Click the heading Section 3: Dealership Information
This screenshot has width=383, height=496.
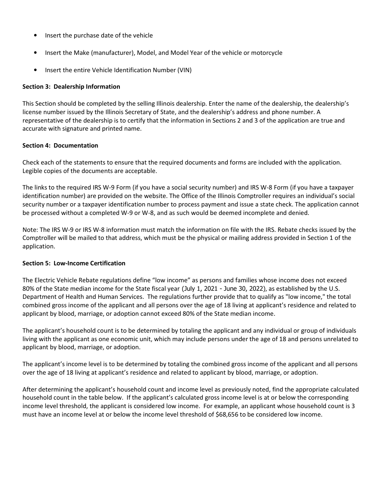(71, 87)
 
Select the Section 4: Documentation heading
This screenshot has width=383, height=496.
(60, 146)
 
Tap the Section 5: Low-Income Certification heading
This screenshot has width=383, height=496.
(74, 263)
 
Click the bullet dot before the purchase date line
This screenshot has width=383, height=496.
(36, 35)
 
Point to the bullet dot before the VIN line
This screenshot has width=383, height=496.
(36, 70)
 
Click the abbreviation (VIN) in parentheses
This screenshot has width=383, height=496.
(184, 70)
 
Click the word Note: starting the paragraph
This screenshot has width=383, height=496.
(30, 230)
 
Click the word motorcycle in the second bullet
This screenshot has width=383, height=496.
(266, 53)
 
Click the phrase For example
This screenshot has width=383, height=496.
(251, 406)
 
